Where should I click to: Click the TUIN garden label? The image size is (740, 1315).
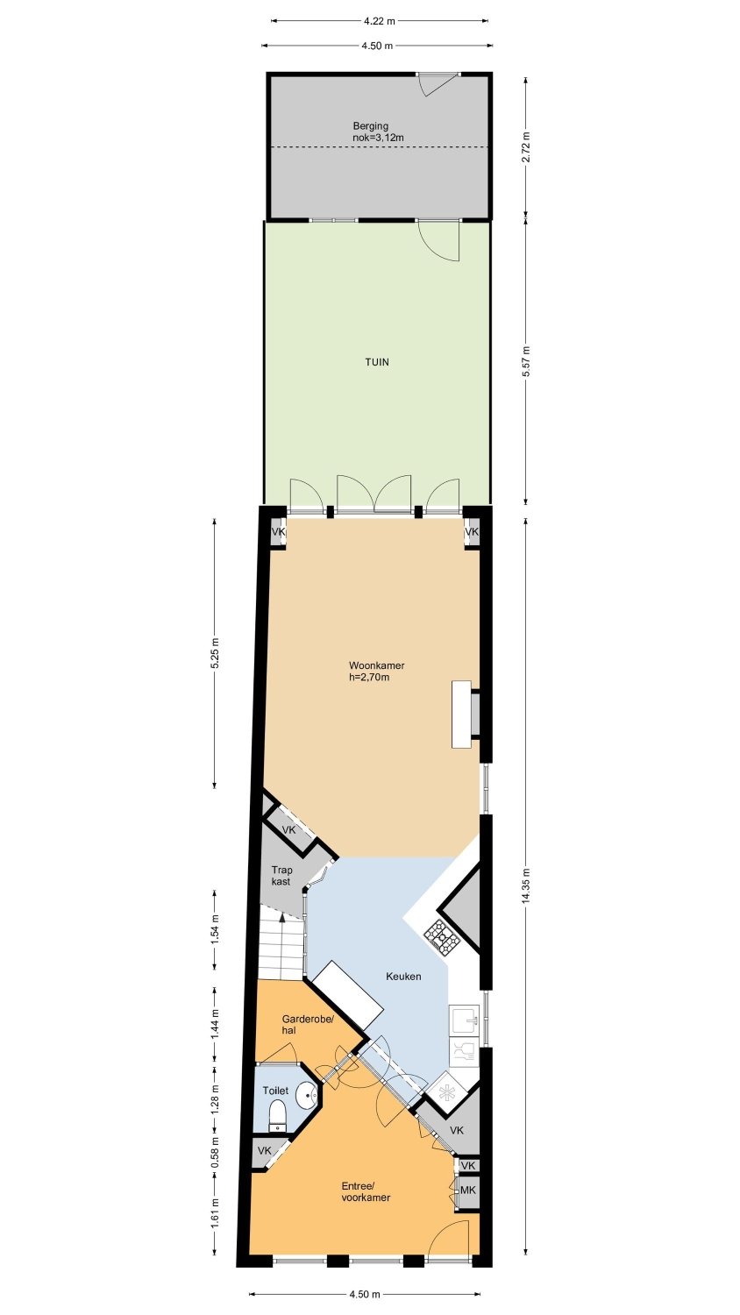(377, 362)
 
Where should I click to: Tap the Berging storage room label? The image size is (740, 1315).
(371, 125)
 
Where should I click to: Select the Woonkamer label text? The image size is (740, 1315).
(376, 665)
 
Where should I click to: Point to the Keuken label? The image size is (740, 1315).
(403, 977)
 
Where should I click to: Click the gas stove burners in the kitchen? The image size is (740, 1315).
(443, 934)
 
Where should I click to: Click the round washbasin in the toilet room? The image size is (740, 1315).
(307, 1094)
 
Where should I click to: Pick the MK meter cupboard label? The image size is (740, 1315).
(467, 1190)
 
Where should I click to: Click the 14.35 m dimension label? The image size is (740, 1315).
(526, 887)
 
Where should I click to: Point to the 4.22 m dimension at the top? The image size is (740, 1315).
(380, 22)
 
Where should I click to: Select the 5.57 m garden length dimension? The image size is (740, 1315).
(526, 362)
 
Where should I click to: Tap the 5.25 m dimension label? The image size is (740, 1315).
(215, 652)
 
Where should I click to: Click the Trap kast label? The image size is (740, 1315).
(281, 875)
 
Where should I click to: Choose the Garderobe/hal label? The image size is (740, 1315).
(308, 1025)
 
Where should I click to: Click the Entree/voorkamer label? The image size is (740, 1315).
(366, 1191)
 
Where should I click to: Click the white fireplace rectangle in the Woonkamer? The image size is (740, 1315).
(461, 714)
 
